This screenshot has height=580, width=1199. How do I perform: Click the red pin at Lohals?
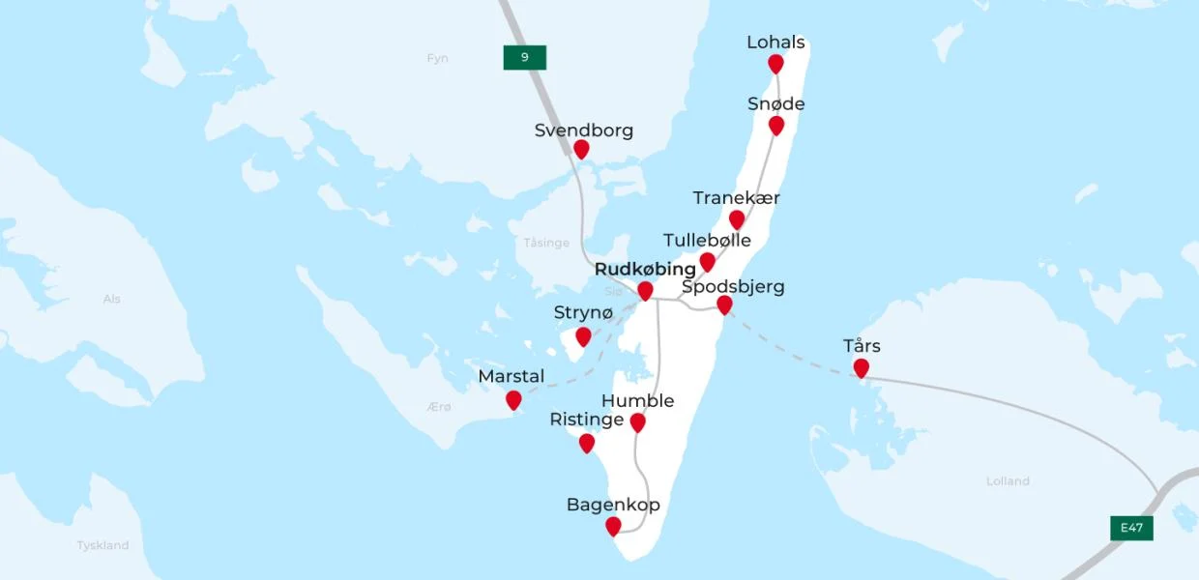coord(775,64)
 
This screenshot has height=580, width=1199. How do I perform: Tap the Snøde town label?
coord(775,104)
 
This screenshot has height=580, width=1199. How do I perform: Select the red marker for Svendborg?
coord(581,149)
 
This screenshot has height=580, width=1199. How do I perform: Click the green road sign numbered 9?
coord(525,57)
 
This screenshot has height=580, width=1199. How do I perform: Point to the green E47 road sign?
coord(1131,528)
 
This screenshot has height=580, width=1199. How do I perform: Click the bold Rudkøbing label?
coord(645,269)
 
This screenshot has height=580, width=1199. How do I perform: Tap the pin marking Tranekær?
coord(737,219)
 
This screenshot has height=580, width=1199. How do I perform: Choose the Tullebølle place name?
coord(707,240)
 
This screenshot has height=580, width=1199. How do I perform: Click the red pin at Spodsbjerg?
coord(724,305)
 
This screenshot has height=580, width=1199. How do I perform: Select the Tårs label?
coord(862,346)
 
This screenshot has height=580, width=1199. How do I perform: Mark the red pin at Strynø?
coord(583,336)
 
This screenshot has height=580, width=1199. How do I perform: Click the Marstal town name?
coord(512,376)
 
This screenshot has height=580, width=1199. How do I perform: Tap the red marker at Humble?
coord(637,422)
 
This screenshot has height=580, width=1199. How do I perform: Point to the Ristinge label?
coord(586,420)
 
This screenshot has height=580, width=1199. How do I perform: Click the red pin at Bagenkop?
coord(613,526)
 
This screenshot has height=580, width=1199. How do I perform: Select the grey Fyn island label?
coord(438,58)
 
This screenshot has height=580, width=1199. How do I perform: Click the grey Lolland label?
coord(1008,480)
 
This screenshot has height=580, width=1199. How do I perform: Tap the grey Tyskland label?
coord(102,545)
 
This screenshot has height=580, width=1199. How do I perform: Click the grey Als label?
coord(112,299)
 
